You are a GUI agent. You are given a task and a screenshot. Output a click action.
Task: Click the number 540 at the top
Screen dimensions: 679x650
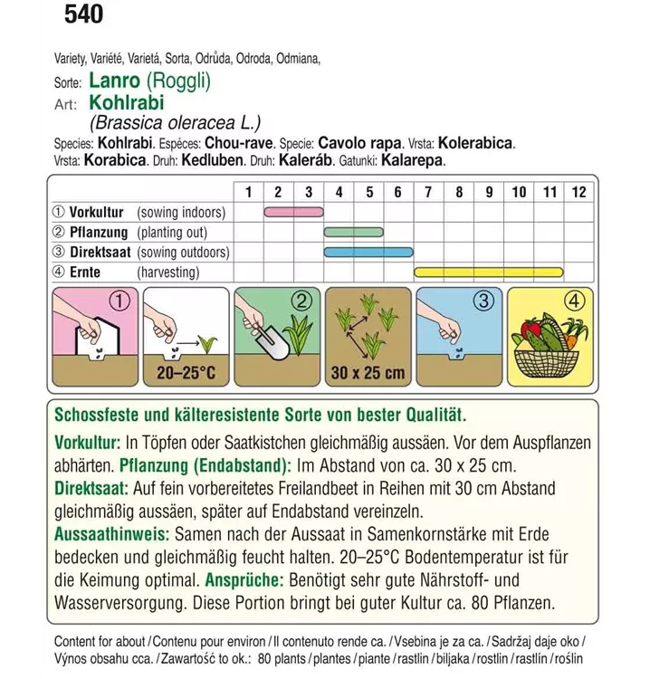(84, 14)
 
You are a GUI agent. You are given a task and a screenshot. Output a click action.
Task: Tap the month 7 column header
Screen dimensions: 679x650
(428, 192)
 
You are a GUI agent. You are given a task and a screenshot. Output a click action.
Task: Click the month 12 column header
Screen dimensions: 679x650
(579, 192)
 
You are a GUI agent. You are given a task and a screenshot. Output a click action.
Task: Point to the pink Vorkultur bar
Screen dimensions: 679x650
(294, 213)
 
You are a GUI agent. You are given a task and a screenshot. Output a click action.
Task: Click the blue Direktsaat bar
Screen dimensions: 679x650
(368, 253)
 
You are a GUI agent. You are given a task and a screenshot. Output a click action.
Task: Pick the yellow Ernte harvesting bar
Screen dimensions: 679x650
(489, 272)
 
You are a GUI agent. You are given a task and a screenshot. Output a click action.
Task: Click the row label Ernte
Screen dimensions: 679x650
(89, 272)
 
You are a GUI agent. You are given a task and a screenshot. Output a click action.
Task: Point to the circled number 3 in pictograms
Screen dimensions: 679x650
(483, 301)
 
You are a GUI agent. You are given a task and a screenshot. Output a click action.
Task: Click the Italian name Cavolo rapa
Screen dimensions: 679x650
(385, 144)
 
